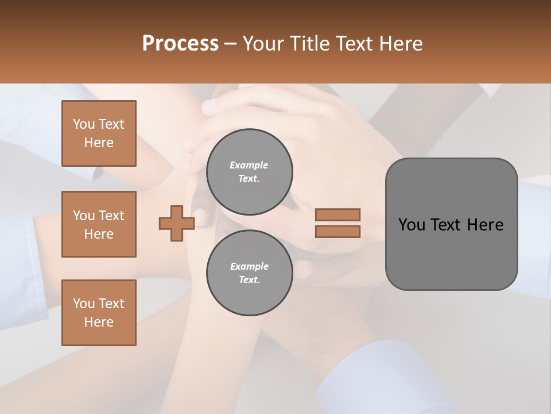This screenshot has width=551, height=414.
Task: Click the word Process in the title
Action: (x=180, y=44)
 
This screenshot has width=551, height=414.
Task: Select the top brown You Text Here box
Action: (x=99, y=133)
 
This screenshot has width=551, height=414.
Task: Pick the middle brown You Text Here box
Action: (x=99, y=224)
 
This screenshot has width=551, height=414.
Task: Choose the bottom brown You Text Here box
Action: (x=99, y=313)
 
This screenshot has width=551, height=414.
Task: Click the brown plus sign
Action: (x=177, y=224)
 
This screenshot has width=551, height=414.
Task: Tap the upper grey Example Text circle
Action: (x=249, y=172)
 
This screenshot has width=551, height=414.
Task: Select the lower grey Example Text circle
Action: (x=249, y=273)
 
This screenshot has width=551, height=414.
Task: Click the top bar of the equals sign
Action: (x=337, y=214)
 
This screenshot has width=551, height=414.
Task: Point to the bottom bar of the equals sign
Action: (x=337, y=232)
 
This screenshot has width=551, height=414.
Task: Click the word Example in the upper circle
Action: (x=249, y=165)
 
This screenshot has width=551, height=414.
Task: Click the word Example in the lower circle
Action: (x=249, y=266)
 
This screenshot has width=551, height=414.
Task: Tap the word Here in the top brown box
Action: (x=99, y=143)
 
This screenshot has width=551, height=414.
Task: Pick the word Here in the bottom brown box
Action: (x=99, y=322)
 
